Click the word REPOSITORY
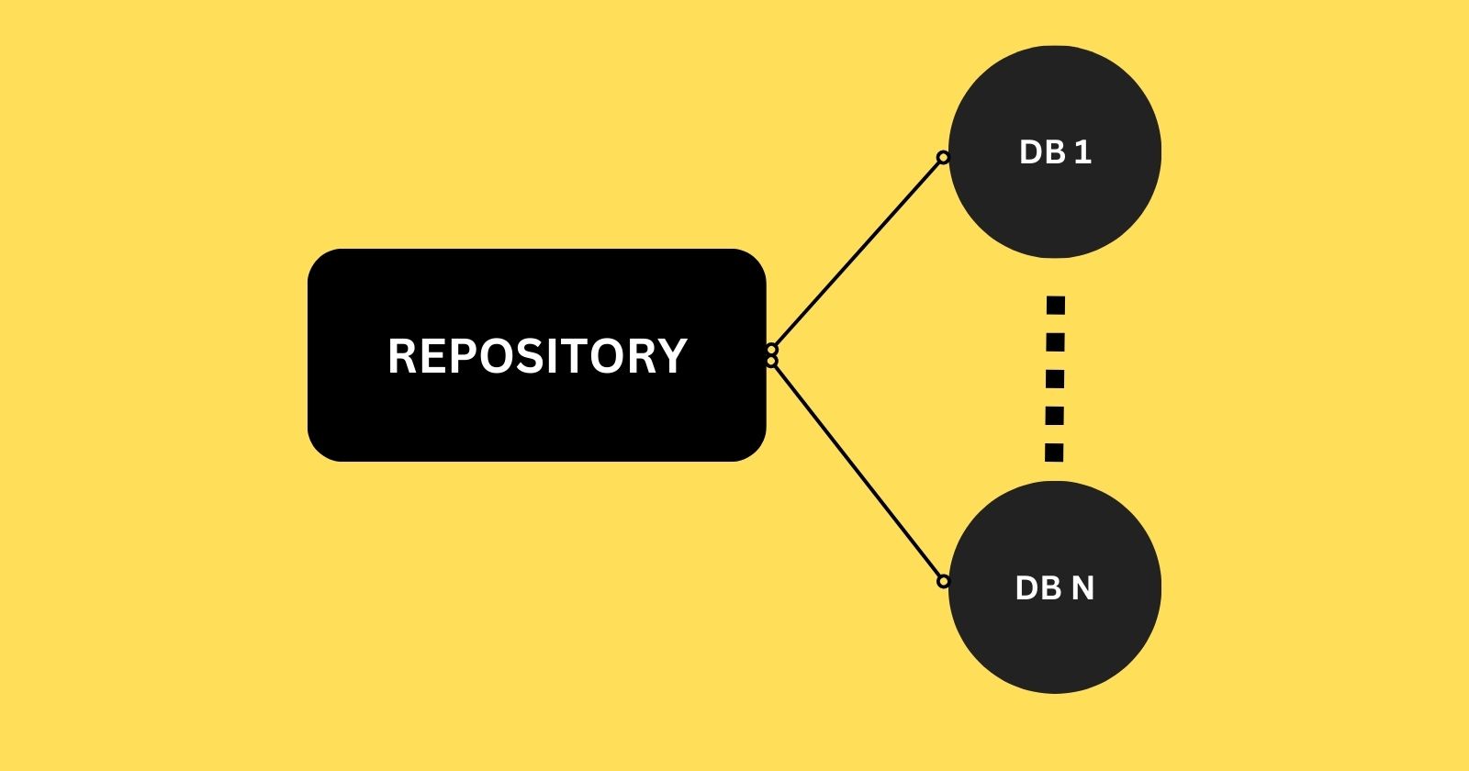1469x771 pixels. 537,356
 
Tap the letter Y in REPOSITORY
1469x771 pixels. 672,356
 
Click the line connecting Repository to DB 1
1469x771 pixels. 857,253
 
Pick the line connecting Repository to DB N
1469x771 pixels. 857,470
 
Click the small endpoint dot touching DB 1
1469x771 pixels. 942,158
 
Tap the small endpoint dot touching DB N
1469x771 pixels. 942,581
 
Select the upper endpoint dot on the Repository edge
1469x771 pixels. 771,350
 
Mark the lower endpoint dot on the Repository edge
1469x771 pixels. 771,362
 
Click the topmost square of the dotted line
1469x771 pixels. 1056,305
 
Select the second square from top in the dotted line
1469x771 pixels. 1056,342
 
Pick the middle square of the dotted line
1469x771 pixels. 1055,379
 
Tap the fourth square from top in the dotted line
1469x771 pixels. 1055,416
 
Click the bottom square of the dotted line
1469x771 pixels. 1054,453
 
